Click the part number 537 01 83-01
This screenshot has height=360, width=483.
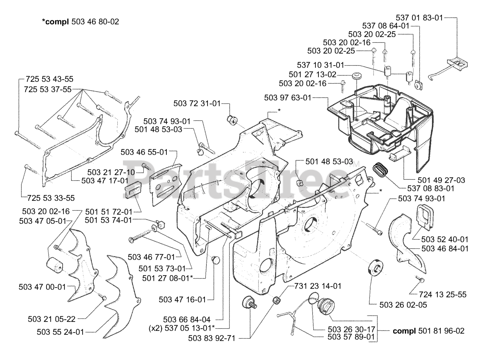419,17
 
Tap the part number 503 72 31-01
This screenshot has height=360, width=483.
197,103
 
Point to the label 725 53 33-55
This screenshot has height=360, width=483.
51,198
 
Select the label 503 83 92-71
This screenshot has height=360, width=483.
212,338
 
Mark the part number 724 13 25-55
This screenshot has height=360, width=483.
443,294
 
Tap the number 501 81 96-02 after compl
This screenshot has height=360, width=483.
441,331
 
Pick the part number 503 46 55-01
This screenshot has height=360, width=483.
144,152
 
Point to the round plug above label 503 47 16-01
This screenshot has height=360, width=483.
216,260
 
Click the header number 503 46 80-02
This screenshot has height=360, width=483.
95,22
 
